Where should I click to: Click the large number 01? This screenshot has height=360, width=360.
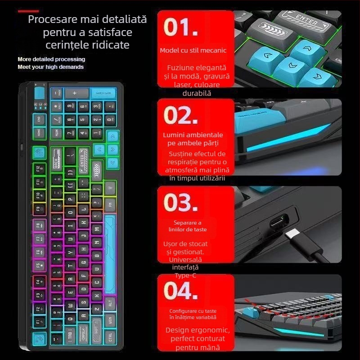point(180,27)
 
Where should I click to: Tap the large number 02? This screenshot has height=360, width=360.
point(180,116)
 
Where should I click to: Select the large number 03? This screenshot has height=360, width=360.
point(180,202)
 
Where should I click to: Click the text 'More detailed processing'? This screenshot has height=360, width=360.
point(51,59)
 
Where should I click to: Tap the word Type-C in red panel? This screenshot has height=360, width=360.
point(186,275)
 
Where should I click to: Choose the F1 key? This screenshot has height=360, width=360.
point(39,322)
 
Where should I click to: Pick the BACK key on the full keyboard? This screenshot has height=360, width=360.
point(57,161)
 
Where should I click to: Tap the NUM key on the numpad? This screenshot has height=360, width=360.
point(57,134)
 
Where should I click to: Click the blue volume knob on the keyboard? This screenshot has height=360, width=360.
point(40,94)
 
